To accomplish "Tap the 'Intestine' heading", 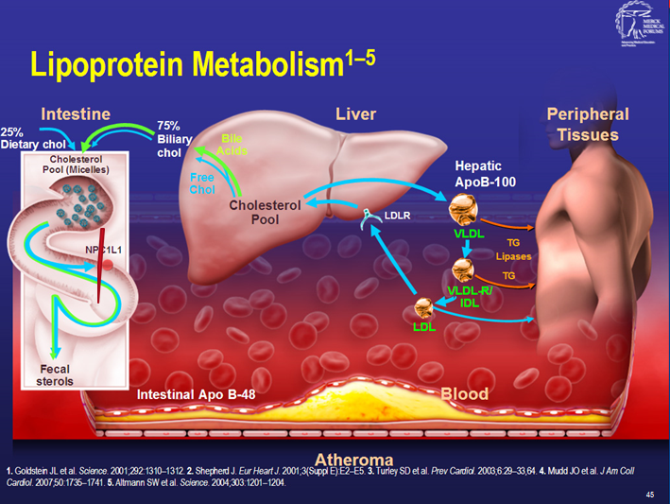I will coord(76,114).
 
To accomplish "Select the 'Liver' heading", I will coord(355,114).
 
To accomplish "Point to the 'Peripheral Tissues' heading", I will coord(587,124).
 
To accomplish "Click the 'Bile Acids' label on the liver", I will coord(232,144).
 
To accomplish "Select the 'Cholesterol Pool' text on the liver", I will coord(266,212).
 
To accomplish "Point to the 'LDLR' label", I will coord(397,216).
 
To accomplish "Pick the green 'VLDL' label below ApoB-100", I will coord(470,233).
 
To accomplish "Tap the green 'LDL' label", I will coord(424,326).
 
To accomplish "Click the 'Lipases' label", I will coord(513,256).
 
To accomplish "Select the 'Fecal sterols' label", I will coord(43,374).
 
